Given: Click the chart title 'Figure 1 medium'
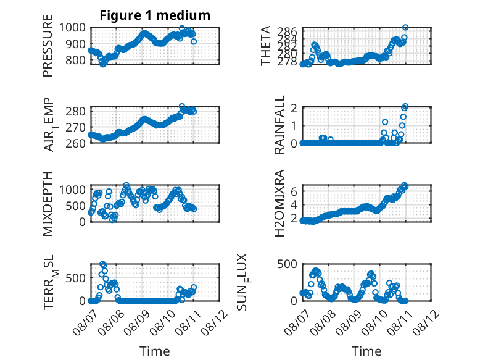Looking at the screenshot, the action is [x=155, y=15].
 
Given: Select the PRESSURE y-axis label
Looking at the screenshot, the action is [x=48, y=46].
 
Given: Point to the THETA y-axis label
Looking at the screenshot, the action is [x=266, y=46].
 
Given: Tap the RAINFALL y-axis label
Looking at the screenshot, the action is [x=279, y=125].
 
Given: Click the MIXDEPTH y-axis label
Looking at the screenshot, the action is [x=48, y=203].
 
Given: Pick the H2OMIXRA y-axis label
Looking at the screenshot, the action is [x=279, y=203].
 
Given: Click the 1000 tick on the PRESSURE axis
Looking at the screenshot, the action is [x=72, y=28].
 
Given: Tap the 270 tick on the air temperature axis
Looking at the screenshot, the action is [x=76, y=127].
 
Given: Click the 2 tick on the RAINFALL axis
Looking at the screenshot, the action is [x=294, y=108].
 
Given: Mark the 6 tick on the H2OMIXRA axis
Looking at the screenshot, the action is [x=294, y=191].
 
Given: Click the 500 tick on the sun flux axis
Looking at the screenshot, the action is [x=287, y=264].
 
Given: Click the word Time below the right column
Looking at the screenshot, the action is [x=366, y=351].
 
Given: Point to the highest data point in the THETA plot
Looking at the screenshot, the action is [x=405, y=28].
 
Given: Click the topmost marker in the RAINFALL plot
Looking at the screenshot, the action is [x=405, y=107].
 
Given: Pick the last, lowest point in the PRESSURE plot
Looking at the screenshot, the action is [x=194, y=41].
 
